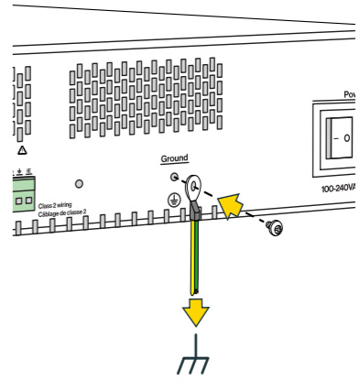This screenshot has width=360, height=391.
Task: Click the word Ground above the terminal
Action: (174, 158)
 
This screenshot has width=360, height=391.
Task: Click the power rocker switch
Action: (342, 137)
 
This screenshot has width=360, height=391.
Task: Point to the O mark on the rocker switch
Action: (347, 138)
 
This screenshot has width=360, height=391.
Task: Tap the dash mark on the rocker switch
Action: (335, 138)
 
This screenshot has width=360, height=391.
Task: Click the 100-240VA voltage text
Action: (340, 189)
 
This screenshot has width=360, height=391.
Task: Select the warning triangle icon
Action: (22, 149)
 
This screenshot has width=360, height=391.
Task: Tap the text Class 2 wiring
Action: (56, 204)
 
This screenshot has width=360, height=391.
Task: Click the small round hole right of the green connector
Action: (79, 184)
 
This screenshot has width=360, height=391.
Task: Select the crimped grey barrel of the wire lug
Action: (195, 212)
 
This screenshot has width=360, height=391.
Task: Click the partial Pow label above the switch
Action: (350, 94)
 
